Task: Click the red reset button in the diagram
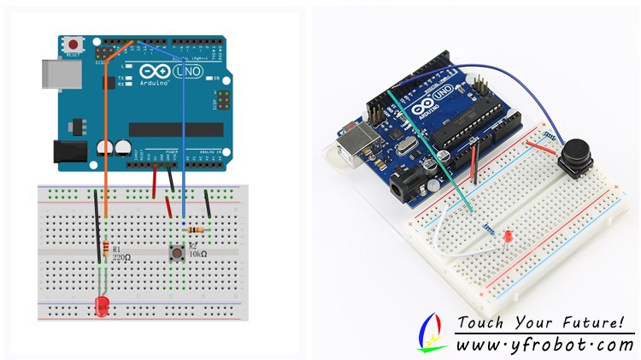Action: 74,44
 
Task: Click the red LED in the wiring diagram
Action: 102,305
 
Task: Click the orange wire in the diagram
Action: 106,154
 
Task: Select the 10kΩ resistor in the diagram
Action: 197,230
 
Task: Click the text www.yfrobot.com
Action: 544,345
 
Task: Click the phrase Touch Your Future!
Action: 540,322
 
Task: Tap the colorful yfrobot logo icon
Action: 432,332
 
